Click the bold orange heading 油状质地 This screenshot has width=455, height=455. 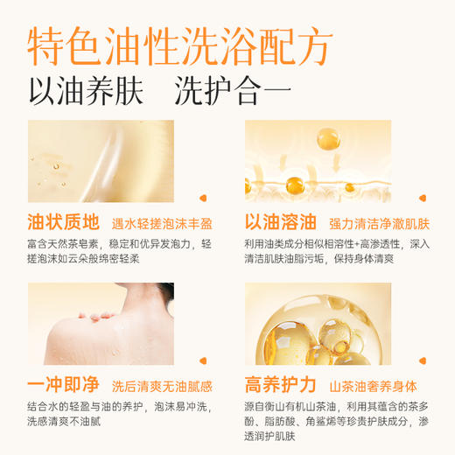pos(63,221)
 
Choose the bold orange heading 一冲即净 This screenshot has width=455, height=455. pos(63,385)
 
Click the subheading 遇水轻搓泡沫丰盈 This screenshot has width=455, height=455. pos(162,222)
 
